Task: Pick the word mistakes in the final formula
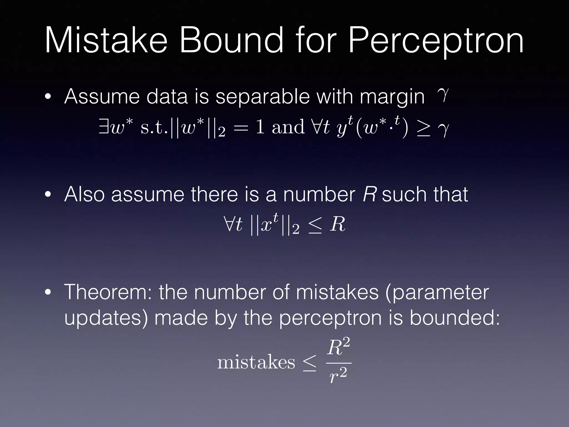pyautogui.click(x=256, y=363)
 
